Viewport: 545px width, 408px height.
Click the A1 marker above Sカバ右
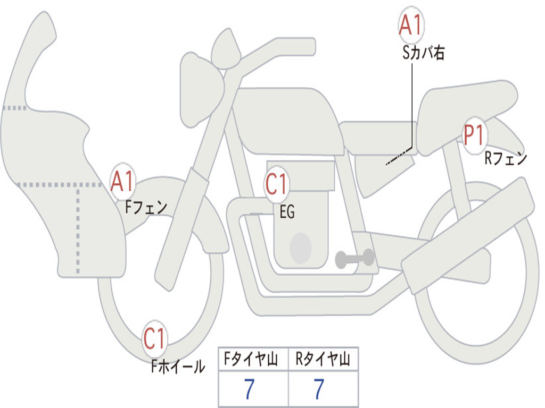tap(411, 25)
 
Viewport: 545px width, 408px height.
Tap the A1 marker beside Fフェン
tap(122, 181)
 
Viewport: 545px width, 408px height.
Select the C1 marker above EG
tap(276, 184)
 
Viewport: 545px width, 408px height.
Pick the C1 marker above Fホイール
tap(154, 338)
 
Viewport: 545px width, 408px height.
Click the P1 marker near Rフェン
tap(474, 135)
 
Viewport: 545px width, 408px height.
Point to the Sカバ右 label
tap(423, 53)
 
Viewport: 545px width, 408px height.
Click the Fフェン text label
tap(146, 208)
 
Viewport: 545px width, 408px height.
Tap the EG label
tap(287, 211)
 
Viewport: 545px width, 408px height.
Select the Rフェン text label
tap(506, 158)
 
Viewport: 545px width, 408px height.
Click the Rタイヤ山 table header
tap(323, 359)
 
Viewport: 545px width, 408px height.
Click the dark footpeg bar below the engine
tap(354, 258)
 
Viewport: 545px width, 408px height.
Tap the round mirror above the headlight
tap(226, 48)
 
